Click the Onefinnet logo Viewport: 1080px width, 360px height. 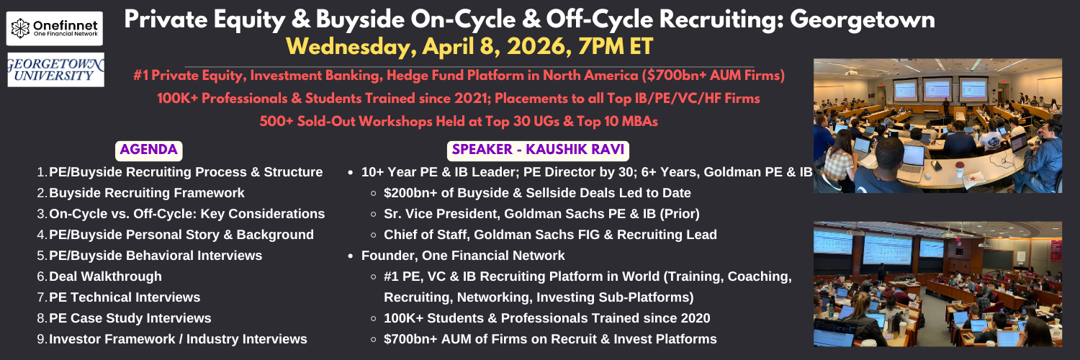55,28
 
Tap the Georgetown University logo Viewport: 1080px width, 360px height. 56,70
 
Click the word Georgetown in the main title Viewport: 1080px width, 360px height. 862,20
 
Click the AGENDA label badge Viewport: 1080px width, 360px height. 148,150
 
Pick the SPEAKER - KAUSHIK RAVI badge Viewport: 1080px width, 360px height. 538,150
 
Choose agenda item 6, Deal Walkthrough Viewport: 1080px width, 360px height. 105,276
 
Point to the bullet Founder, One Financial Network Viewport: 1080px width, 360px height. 463,256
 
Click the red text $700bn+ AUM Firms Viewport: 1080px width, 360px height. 716,76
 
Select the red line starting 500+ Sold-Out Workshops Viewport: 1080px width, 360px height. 459,121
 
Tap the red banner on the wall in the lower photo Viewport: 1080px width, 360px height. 1056,251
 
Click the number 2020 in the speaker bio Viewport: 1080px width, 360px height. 695,318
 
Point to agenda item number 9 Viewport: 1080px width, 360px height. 42,339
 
